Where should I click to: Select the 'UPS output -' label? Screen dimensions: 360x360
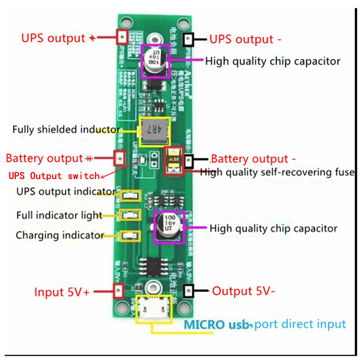[245, 39]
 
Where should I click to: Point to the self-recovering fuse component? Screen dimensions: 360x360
[173, 161]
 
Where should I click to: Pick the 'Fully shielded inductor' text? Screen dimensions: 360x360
[66, 130]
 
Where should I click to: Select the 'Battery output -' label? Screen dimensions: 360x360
[253, 159]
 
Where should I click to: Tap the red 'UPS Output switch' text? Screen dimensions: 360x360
[54, 175]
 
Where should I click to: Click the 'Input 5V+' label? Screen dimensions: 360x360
[62, 292]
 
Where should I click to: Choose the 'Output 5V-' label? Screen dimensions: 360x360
[243, 291]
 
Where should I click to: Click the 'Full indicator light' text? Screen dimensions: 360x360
[59, 215]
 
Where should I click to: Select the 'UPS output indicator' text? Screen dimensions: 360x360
[62, 191]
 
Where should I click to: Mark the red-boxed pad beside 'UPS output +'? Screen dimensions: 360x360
[121, 36]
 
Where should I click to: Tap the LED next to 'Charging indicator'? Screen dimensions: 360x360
[129, 234]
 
